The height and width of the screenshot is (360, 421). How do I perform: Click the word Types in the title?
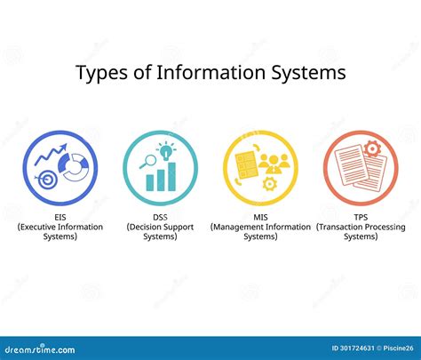click(101, 72)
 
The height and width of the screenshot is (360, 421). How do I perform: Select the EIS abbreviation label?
click(60, 216)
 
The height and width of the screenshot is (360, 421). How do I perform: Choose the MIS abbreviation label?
click(260, 216)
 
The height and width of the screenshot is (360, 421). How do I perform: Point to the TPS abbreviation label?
click(360, 216)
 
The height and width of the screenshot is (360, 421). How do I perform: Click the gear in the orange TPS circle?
click(374, 146)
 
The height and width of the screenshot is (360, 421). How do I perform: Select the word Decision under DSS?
click(149, 227)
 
